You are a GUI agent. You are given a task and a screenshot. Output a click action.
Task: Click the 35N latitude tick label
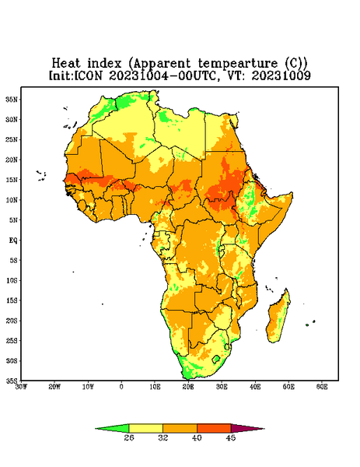pyautogui.click(x=12, y=99)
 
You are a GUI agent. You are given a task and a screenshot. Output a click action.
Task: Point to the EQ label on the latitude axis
pyautogui.click(x=12, y=240)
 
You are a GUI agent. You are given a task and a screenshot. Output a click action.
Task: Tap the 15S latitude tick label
pyautogui.click(x=12, y=300)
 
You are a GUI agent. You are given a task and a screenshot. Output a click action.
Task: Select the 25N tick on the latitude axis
pyautogui.click(x=12, y=139)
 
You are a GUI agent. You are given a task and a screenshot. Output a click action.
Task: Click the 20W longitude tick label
pyautogui.click(x=54, y=387)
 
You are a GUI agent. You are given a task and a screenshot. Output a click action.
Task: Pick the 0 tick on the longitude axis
pyautogui.click(x=121, y=387)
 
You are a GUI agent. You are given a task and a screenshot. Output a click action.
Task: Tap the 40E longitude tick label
pyautogui.click(x=255, y=387)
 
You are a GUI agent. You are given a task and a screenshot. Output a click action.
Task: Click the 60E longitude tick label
pyautogui.click(x=322, y=387)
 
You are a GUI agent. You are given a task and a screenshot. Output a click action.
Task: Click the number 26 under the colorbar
pyautogui.click(x=129, y=437)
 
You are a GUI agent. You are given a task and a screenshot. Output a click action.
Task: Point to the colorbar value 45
pyautogui.click(x=231, y=437)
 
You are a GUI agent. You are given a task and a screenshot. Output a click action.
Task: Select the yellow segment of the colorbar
pyautogui.click(x=145, y=428)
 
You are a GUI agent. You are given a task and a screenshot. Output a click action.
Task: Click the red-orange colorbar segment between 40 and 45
pyautogui.click(x=214, y=428)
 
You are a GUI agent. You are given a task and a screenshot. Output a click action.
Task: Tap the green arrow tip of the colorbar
pyautogui.click(x=96, y=429)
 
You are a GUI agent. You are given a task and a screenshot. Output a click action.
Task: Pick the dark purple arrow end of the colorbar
pyautogui.click(x=264, y=429)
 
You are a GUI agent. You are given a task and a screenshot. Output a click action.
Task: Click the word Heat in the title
pyautogui.click(x=66, y=64)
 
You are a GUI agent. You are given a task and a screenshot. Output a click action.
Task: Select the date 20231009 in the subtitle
pyautogui.click(x=281, y=75)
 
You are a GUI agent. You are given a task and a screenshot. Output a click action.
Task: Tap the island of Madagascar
pyautogui.click(x=278, y=318)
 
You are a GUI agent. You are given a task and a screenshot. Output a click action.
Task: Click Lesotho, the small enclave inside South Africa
pyautogui.click(x=216, y=359)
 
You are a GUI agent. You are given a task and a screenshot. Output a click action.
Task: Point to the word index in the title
pyautogui.click(x=104, y=64)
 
